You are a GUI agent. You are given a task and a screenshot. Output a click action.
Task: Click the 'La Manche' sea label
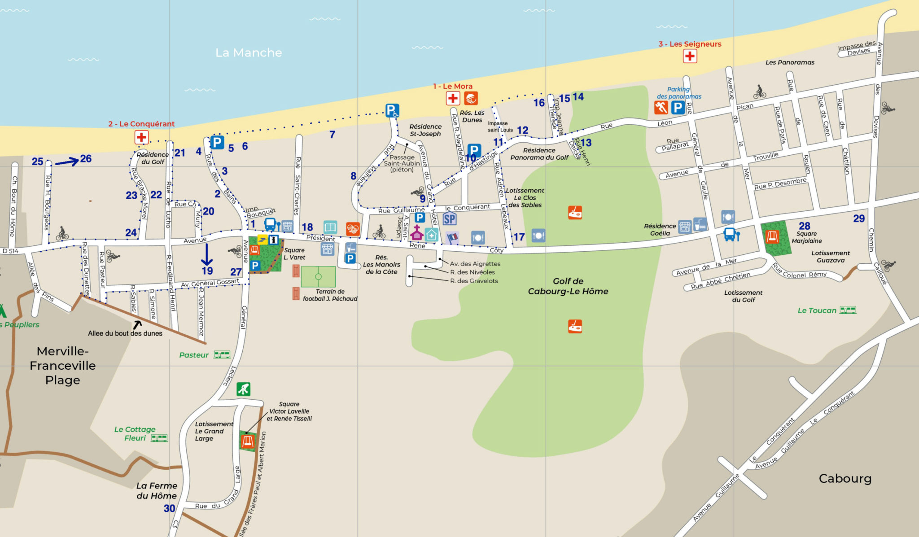[249, 52]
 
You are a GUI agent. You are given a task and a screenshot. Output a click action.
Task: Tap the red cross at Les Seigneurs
[690, 56]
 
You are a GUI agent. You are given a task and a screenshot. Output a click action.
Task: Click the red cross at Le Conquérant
[141, 137]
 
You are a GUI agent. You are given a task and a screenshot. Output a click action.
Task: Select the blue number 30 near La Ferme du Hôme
[169, 508]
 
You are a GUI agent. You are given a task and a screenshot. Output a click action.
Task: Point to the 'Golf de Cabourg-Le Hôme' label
[568, 286]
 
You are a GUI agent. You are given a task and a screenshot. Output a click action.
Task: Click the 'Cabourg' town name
[845, 478]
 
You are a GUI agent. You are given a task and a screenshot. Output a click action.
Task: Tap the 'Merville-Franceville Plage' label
[62, 365]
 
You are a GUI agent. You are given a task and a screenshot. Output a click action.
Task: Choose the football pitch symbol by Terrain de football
[318, 276]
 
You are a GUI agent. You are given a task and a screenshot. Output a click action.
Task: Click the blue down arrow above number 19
[206, 254]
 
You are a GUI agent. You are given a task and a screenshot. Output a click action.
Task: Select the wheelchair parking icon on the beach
[392, 110]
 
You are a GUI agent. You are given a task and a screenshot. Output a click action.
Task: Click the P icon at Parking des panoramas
[678, 108]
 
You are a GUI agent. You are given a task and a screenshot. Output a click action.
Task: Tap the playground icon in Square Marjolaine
[772, 236]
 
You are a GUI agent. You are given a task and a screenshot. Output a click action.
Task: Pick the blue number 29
[859, 218]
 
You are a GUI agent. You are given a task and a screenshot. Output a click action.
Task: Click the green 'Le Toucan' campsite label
[817, 310]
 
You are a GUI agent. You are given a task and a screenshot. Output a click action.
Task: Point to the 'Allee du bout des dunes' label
[125, 333]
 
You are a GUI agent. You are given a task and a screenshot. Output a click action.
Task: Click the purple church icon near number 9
[417, 233]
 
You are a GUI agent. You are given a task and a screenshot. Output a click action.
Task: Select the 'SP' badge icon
[449, 219]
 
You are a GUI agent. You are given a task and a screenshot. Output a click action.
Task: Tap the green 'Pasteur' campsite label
[194, 355]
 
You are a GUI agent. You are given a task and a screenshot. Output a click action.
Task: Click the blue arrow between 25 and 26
[67, 162]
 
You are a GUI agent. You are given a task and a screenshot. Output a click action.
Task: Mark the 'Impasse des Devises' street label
[857, 48]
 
